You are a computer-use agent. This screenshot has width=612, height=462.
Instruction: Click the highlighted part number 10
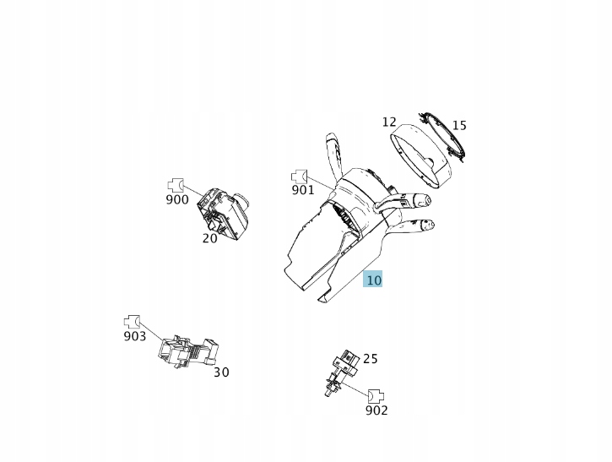coord(373,280)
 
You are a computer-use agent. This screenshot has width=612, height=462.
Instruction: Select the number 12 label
coord(389,122)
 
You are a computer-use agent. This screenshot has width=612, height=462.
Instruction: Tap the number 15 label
coord(459,125)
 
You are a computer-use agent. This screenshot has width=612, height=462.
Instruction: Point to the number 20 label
coord(209,238)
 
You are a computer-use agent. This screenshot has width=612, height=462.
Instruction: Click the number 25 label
coord(370,358)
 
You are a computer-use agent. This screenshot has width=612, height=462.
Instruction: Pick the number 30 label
coord(221,372)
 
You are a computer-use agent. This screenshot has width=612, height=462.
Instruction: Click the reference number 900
coord(177,199)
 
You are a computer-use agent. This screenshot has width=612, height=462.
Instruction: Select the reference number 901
coord(303,190)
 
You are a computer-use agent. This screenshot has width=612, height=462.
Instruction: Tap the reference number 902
coord(376,410)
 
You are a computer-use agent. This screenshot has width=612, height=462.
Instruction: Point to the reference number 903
coord(135,336)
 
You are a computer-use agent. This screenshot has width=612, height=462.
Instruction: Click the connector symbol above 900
coord(176,184)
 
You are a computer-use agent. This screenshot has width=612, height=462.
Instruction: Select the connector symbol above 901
coord(300,177)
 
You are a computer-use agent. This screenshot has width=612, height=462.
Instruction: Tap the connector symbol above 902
coord(376,396)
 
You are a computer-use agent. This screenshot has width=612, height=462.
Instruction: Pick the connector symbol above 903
coord(132,322)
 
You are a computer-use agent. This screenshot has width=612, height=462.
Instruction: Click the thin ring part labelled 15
coord(442,135)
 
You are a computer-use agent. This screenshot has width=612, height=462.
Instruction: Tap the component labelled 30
coord(188,351)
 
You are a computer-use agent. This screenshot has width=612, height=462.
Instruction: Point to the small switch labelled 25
coord(341,372)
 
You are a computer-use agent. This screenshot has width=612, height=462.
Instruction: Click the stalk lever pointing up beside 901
coord(333,157)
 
